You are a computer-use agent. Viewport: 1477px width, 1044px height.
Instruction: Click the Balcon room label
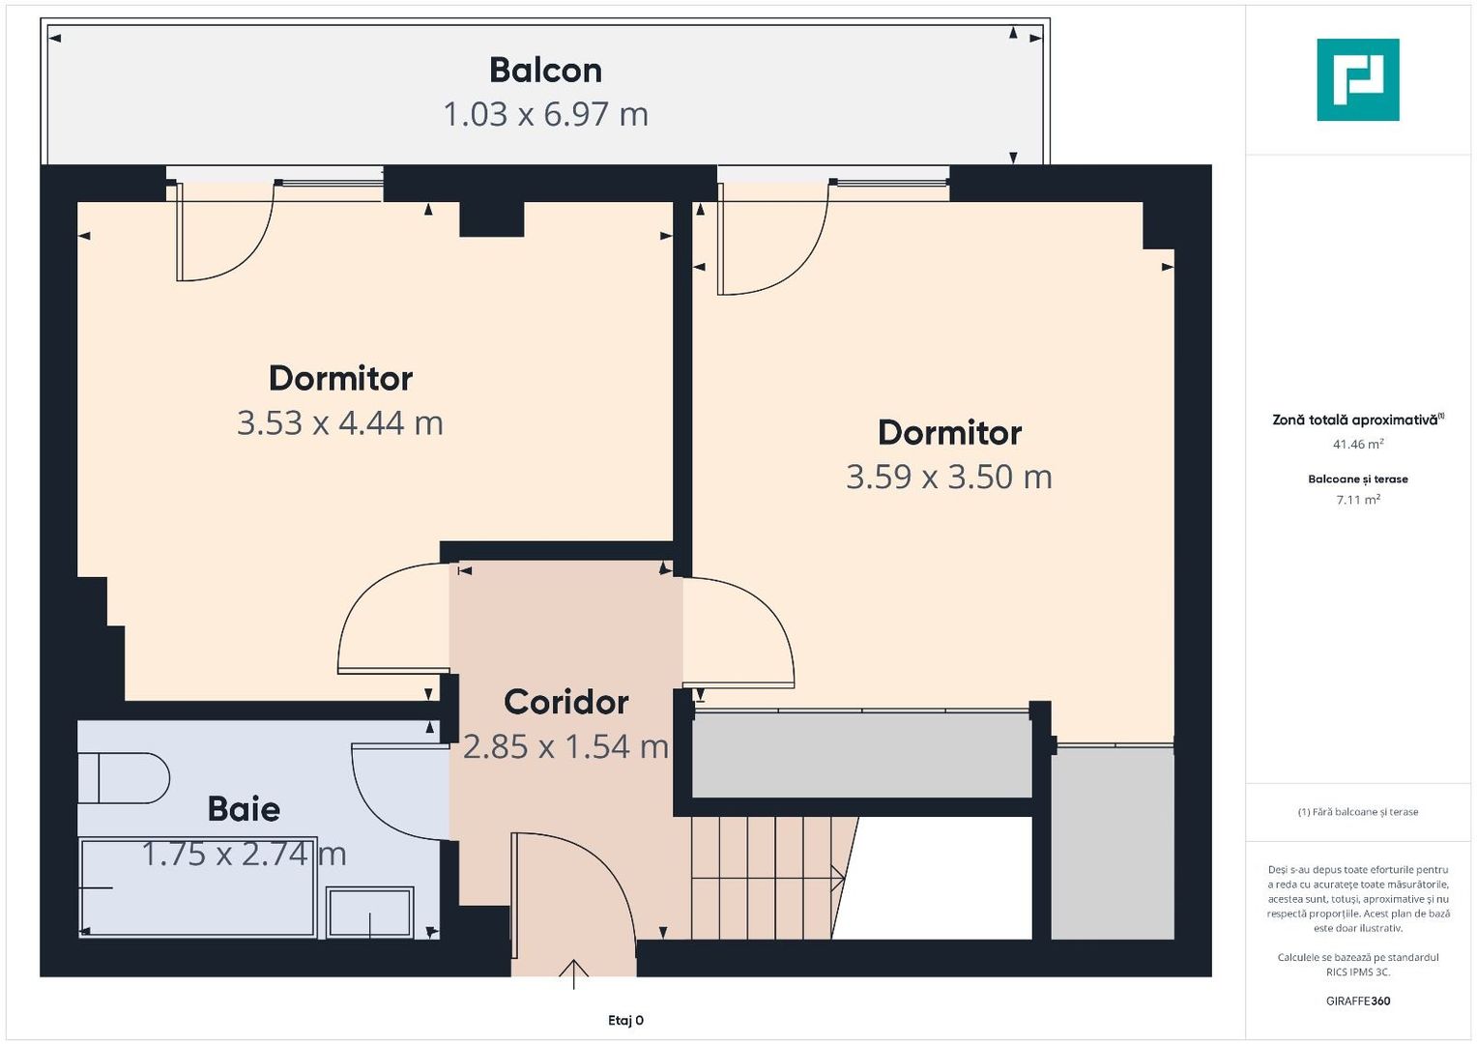coord(545,71)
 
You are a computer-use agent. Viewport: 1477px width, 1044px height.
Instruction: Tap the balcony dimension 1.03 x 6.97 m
coord(545,114)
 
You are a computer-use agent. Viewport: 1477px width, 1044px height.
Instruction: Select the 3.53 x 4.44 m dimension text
coord(340,422)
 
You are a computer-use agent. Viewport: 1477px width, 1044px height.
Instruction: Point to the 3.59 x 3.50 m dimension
coord(948,477)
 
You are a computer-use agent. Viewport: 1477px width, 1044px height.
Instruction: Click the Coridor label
coord(566,702)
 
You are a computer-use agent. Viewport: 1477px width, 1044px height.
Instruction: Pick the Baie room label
coord(244,809)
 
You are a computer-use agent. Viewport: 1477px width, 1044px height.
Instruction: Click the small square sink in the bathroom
coord(370,913)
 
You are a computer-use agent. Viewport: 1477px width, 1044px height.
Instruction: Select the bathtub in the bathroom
coord(197,887)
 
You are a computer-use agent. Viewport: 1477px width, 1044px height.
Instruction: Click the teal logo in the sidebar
coord(1357,80)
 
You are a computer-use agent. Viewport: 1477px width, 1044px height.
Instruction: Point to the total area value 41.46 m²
coord(1357,445)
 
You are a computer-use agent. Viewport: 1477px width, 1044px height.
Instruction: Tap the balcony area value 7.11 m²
coord(1357,500)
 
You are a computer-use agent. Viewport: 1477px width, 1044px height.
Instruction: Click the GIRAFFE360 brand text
coord(1357,1001)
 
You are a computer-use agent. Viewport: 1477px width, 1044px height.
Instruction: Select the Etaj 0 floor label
coord(625,1021)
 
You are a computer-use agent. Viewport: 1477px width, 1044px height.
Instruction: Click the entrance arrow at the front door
coord(574,973)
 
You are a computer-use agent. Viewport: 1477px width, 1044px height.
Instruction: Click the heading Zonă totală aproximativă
coord(1355,420)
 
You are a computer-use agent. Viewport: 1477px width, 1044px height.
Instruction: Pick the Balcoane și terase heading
coord(1357,479)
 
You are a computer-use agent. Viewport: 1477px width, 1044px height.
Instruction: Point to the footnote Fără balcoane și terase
coord(1357,812)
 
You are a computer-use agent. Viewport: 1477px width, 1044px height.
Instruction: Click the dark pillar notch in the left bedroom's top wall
coord(491,218)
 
